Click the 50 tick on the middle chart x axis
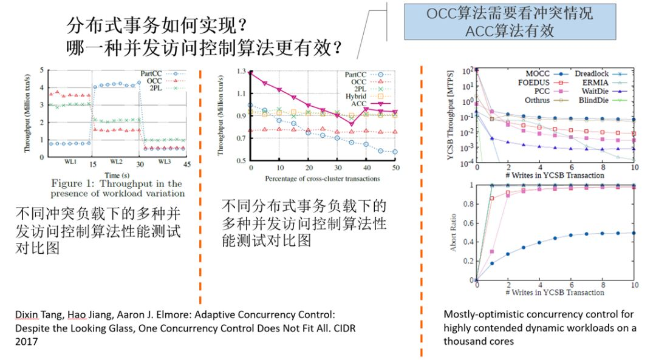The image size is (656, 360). [x=395, y=168]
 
